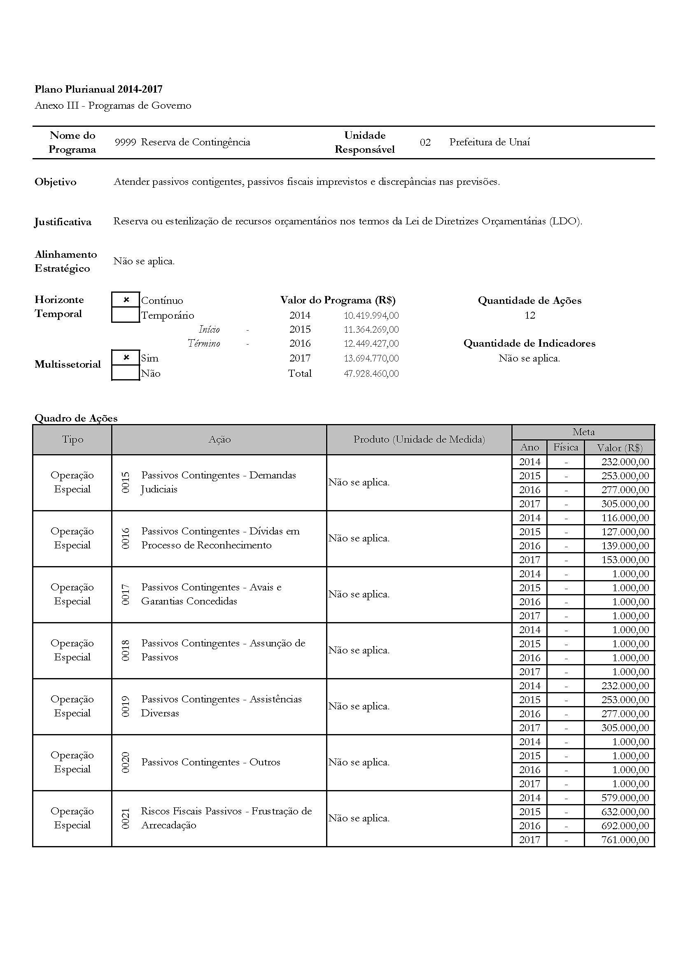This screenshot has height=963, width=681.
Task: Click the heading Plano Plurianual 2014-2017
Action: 98,89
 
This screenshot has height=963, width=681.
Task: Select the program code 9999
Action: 126,142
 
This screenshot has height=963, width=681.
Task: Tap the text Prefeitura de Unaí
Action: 490,142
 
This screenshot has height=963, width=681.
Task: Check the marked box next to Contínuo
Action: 126,300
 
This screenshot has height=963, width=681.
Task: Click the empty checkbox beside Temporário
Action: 126,315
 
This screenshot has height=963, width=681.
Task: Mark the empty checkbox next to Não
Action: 126,373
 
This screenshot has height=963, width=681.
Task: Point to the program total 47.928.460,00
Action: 371,373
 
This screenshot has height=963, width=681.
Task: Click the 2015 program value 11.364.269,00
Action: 371,329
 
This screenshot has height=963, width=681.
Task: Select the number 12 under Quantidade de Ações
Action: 529,315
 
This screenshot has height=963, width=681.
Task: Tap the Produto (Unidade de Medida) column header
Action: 419,439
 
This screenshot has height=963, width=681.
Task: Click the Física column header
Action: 565,447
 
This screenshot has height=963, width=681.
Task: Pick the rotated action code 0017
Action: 126,595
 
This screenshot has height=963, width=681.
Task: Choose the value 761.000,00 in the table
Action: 625,839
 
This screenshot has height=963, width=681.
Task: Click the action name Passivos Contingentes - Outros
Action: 210,762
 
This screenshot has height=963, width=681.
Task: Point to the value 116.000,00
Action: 625,518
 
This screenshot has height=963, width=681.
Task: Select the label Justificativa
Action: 63,222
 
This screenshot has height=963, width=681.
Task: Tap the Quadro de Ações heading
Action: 76,418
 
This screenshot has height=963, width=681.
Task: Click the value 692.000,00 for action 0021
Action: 625,825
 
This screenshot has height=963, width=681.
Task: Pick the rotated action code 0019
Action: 126,707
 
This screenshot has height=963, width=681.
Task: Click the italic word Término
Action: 204,343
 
